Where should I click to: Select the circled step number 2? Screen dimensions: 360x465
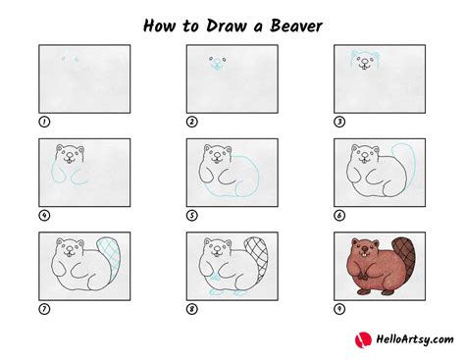click(192, 122)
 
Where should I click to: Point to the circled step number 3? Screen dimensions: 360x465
click(340, 122)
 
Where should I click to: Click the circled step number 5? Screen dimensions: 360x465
click(192, 215)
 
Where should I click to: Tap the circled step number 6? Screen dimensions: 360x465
click(340, 215)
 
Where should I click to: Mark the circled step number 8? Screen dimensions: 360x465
click(192, 308)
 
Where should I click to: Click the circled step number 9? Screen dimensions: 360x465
click(340, 308)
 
